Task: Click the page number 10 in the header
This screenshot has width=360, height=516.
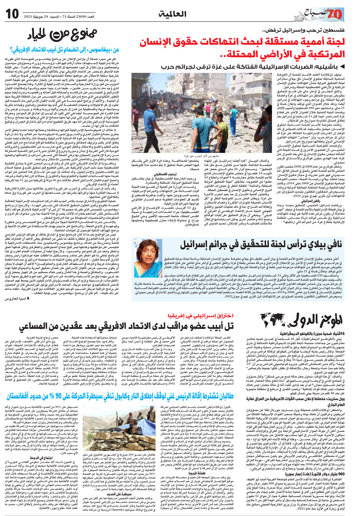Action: [13, 12]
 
